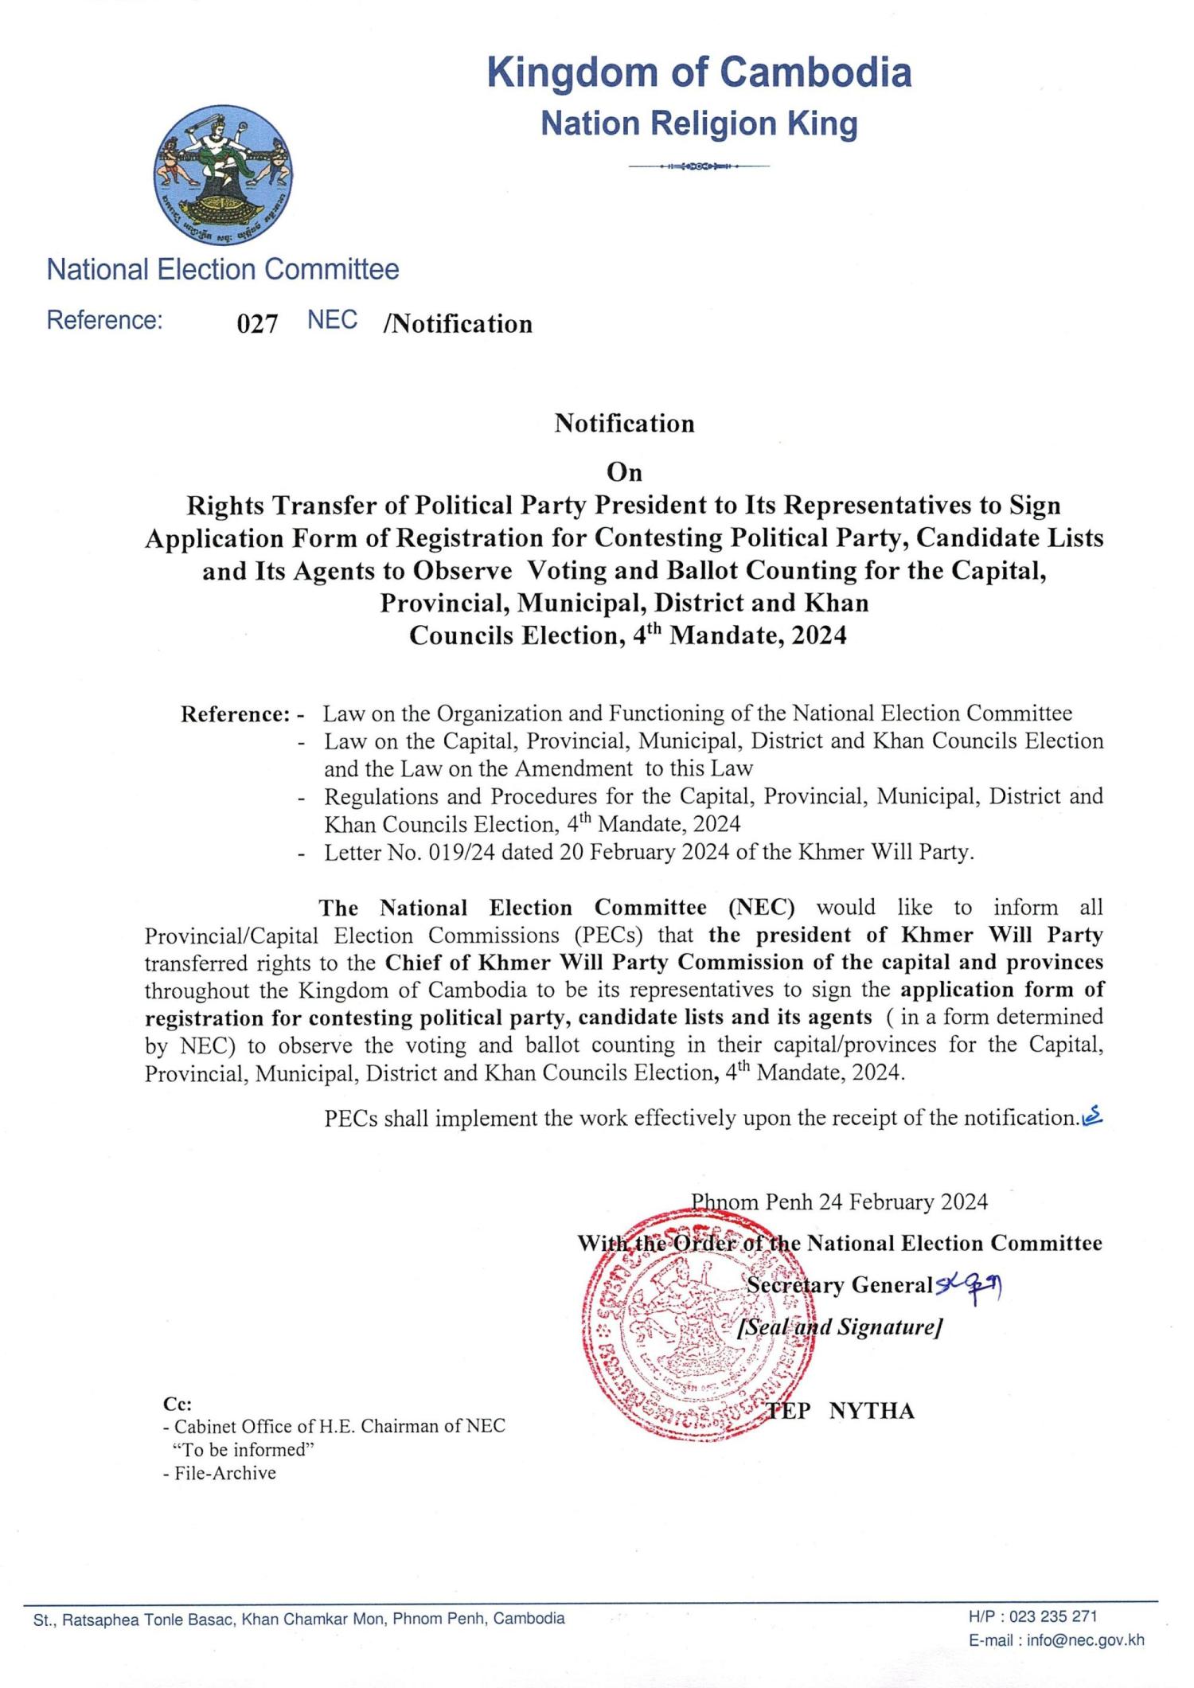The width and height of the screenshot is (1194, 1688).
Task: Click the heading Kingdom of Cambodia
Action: [699, 72]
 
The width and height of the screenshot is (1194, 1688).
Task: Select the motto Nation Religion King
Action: [699, 124]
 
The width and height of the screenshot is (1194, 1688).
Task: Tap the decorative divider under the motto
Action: [699, 166]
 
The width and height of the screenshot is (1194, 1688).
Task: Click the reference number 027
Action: [257, 324]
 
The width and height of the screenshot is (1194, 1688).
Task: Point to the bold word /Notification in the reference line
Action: [458, 324]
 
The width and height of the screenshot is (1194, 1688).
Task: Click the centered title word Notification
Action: [624, 423]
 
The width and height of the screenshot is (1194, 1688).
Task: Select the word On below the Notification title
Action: [624, 472]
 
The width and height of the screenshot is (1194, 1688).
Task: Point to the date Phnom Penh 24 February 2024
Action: [839, 1202]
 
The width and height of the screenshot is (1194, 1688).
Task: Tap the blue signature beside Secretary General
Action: [969, 1284]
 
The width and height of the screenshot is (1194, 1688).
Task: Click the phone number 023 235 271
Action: [1055, 1616]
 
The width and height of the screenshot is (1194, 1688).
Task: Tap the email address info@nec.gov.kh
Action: [1085, 1640]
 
